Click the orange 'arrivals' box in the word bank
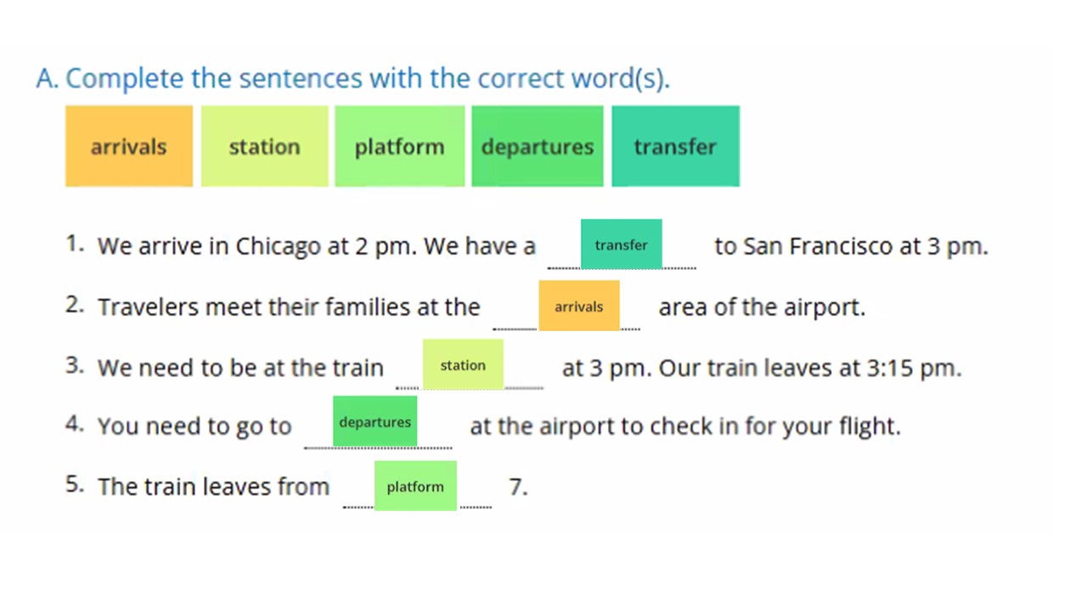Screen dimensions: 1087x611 [x=129, y=146]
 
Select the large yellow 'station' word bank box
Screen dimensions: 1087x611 [x=264, y=146]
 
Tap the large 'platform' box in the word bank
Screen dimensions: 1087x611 [x=399, y=146]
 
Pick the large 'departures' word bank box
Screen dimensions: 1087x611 [x=538, y=146]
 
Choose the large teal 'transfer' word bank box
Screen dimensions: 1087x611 [x=675, y=146]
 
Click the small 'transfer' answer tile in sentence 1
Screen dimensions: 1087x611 [x=621, y=244]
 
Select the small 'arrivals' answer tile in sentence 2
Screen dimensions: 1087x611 [x=579, y=305]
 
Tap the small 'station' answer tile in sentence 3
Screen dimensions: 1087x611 [x=463, y=364]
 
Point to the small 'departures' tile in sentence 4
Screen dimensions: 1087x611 [x=375, y=421]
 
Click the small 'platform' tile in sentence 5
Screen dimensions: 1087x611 [x=415, y=485]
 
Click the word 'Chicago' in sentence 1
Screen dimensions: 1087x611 [x=278, y=247]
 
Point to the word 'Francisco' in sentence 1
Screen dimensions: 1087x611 [x=841, y=246]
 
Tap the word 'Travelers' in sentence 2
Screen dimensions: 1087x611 [x=148, y=307]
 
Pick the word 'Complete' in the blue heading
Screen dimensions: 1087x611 [x=125, y=80]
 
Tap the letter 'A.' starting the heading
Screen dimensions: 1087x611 [x=47, y=78]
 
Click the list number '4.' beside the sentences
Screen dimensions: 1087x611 [x=75, y=424]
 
